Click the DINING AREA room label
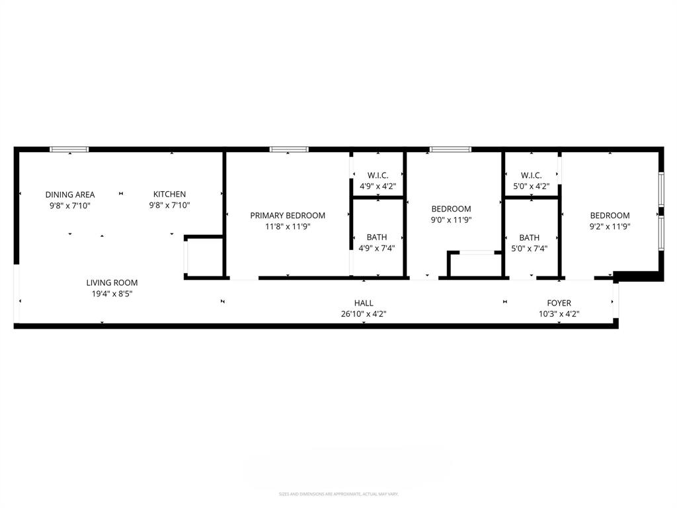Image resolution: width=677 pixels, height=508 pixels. pyautogui.click(x=70, y=194)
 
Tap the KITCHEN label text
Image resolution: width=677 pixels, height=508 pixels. pyautogui.click(x=170, y=194)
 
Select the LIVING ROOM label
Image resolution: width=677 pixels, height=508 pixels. pyautogui.click(x=112, y=282)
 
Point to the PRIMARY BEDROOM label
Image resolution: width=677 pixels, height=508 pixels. pyautogui.click(x=288, y=216)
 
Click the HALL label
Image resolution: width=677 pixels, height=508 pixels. pyautogui.click(x=364, y=303)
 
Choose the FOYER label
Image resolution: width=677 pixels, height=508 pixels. pyautogui.click(x=559, y=303)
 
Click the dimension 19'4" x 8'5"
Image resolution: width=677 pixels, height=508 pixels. pyautogui.click(x=112, y=294)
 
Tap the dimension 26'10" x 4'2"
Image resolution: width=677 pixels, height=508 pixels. pyautogui.click(x=364, y=314)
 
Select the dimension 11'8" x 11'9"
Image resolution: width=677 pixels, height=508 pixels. pyautogui.click(x=288, y=226)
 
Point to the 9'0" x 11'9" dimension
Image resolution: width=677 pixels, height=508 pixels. pyautogui.click(x=451, y=220)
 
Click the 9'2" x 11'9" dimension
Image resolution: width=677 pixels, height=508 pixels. pyautogui.click(x=610, y=226)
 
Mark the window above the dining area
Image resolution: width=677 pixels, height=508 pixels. pyautogui.click(x=69, y=149)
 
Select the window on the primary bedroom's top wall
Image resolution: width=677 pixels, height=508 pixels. pyautogui.click(x=289, y=149)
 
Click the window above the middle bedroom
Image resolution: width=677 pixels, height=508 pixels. pyautogui.click(x=450, y=149)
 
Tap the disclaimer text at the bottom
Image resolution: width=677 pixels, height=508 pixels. pyautogui.click(x=338, y=494)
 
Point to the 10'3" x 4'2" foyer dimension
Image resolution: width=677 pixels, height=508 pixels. pyautogui.click(x=559, y=314)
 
